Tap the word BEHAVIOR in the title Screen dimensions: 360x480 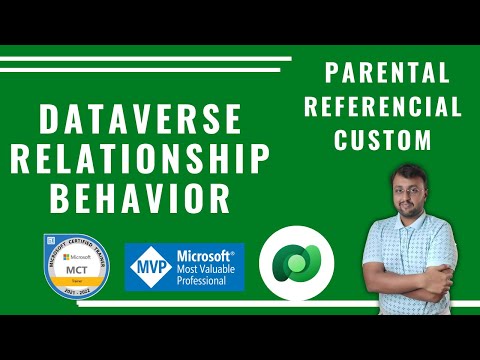(141, 197)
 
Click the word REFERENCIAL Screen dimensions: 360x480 (386, 107)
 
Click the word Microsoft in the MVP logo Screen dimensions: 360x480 (206, 255)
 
